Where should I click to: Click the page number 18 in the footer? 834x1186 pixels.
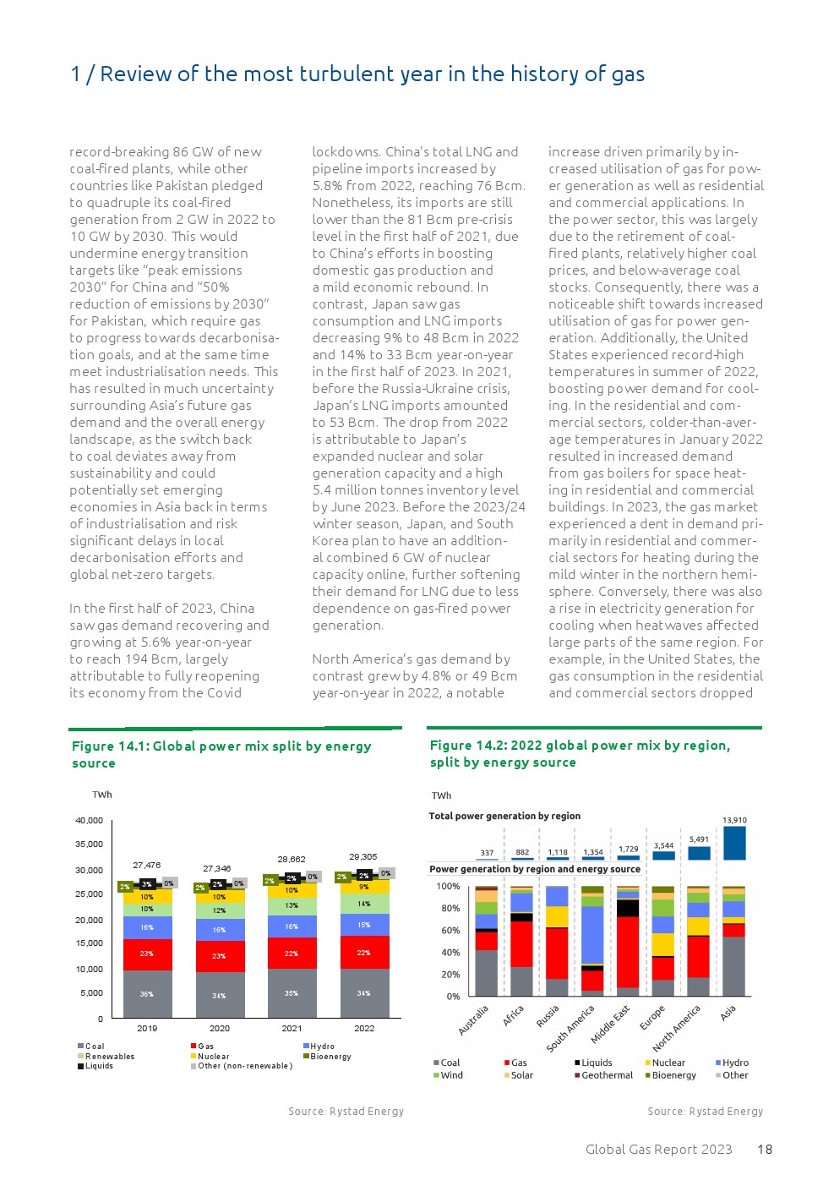click(765, 1149)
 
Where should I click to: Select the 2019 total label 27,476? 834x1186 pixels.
click(146, 866)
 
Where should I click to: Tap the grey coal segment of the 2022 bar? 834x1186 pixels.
click(364, 993)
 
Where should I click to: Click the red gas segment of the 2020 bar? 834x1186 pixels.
click(220, 956)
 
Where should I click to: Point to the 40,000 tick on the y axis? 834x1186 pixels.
click(89, 821)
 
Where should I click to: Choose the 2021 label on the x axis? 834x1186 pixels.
click(292, 1029)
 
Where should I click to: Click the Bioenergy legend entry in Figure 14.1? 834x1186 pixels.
click(330, 1057)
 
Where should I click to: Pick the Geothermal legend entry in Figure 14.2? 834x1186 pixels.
click(607, 1075)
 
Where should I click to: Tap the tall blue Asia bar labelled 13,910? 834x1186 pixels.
click(734, 843)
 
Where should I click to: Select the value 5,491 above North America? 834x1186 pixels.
click(699, 839)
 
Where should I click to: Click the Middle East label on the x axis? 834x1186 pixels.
click(611, 1024)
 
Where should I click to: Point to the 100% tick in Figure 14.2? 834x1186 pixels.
click(448, 887)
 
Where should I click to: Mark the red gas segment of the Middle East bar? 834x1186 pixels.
click(628, 952)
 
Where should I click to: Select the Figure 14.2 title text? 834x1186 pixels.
click(580, 753)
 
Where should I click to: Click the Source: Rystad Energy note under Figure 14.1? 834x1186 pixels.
click(346, 1112)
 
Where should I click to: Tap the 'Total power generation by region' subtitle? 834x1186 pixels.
click(504, 817)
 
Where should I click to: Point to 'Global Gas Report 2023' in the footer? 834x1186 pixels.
click(658, 1149)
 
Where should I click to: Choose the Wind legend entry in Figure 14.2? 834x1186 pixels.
click(451, 1075)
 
